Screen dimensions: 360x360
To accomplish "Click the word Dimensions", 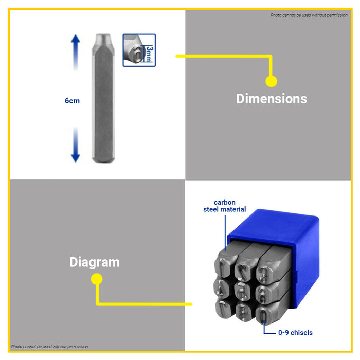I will click(271, 99).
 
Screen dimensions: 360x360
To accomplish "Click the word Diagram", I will click(95, 262).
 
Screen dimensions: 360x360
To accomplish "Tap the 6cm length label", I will click(72, 101).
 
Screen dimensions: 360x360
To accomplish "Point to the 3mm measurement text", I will click(149, 53).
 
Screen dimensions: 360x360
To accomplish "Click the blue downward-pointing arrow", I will click(76, 146).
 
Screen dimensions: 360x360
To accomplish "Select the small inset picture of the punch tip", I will click(139, 50).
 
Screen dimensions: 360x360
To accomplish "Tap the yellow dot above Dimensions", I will click(271, 81).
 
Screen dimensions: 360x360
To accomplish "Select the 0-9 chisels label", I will click(295, 333).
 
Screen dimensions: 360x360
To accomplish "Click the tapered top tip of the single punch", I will click(101, 39).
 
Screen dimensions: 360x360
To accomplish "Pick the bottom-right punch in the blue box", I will click(263, 312).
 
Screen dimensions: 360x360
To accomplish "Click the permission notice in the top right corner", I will click(309, 15).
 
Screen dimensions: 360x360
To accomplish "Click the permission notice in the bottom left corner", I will click(49, 347).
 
